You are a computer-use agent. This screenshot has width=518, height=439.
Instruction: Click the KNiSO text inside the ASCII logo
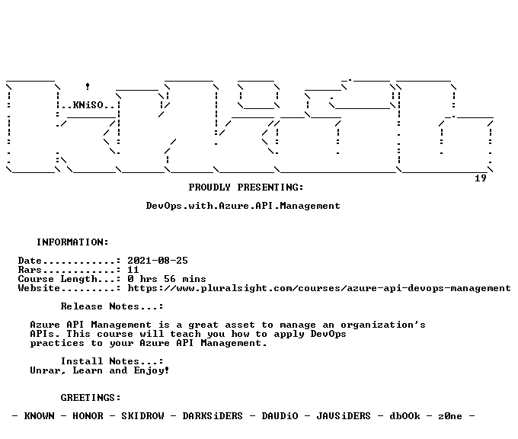click(x=88, y=105)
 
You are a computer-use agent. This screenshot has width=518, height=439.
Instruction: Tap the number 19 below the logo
click(x=481, y=178)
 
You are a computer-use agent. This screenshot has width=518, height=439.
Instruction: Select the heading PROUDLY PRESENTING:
click(x=246, y=187)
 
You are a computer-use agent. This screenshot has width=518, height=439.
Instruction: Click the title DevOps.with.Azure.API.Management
click(x=243, y=206)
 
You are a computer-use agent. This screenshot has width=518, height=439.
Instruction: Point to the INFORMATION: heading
click(x=72, y=242)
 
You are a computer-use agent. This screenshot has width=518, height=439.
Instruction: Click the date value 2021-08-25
click(x=158, y=261)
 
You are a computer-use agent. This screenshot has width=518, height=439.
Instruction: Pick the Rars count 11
click(x=133, y=270)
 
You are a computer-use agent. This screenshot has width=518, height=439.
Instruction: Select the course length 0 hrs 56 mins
click(x=167, y=279)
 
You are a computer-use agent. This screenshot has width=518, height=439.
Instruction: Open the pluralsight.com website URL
click(x=319, y=288)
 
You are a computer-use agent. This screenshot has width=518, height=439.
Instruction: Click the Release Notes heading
click(x=112, y=306)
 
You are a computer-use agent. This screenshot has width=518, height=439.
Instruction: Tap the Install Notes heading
click(x=112, y=361)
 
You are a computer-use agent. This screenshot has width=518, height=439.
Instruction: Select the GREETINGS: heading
click(x=91, y=398)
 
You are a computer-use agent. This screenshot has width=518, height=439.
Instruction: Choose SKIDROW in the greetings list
click(x=142, y=416)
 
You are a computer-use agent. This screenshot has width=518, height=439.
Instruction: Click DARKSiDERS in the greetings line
click(x=213, y=416)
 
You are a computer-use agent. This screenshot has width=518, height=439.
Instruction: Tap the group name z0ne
click(x=450, y=416)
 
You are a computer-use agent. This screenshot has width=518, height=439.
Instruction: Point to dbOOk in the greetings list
click(x=404, y=416)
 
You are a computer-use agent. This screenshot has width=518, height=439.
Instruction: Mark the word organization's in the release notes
click(x=383, y=325)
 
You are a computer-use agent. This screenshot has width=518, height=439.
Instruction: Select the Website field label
click(x=39, y=288)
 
